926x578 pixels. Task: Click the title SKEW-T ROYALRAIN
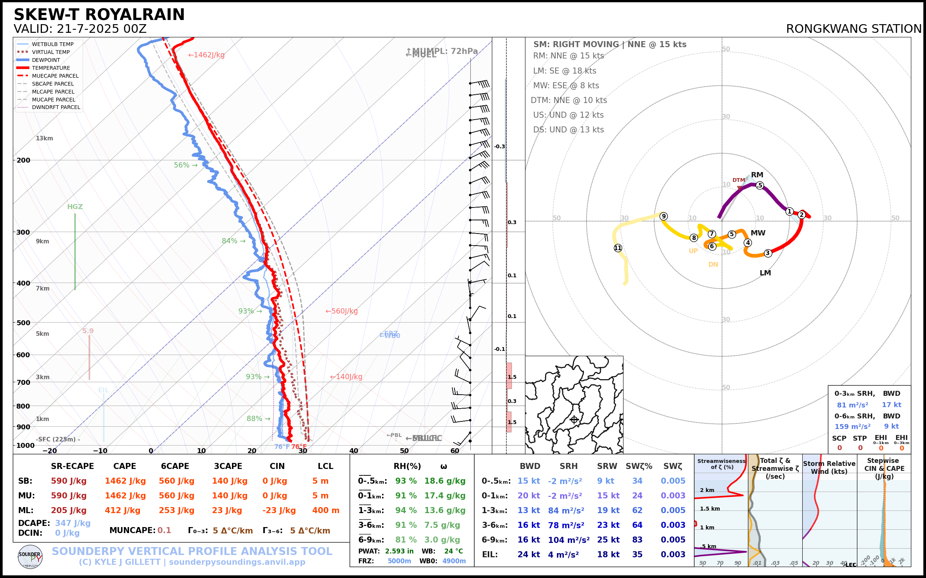99,15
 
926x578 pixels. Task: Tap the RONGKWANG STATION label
853,29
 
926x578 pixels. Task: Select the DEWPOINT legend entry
46,60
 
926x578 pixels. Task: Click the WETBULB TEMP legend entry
52,45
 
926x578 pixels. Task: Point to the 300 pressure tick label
23,232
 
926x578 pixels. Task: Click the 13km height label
45,138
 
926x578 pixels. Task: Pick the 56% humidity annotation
185,165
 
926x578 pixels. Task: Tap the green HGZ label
75,207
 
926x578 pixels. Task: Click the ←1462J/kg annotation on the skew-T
206,55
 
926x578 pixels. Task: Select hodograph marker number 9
664,216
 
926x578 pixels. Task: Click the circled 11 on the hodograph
618,248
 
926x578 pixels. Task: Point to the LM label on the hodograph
765,273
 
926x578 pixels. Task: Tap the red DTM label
739,180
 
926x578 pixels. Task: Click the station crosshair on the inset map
574,420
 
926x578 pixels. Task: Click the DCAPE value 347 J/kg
73,523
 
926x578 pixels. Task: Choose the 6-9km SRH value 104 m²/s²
569,540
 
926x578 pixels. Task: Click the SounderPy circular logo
30,557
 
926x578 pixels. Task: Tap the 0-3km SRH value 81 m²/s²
852,405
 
